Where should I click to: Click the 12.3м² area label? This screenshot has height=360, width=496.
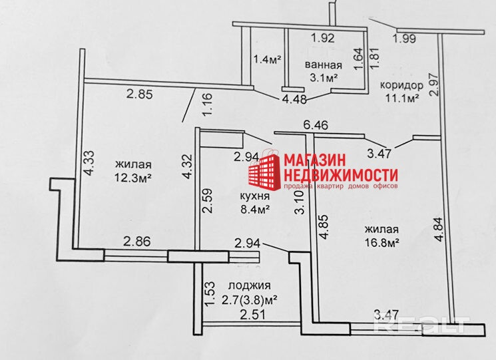134,178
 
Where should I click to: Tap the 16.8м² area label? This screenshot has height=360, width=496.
381,243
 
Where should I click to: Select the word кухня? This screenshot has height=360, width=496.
254,197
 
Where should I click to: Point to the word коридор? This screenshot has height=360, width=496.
401,86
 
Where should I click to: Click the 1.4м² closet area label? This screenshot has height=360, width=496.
267,59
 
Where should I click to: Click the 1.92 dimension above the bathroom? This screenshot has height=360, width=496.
323,38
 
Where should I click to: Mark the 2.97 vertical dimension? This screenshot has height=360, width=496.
434,85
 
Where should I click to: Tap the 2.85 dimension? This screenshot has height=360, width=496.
140,94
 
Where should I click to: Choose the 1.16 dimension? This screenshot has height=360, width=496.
207,106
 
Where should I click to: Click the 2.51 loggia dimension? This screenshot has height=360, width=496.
252,314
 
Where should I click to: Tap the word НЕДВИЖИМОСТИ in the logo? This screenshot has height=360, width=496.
341,175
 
